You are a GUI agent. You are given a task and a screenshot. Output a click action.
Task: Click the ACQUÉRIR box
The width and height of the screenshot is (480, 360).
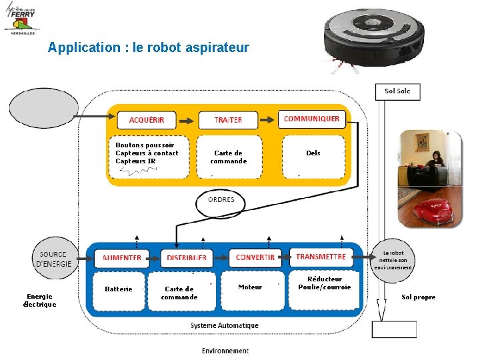pyautogui.click(x=147, y=120)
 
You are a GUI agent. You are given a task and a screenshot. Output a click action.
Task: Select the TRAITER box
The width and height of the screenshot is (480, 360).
pyautogui.click(x=228, y=120)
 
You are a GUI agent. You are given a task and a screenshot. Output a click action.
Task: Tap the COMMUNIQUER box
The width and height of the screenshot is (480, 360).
pyautogui.click(x=311, y=119)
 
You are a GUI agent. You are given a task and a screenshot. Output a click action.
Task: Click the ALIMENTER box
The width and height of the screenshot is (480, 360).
pyautogui.click(x=122, y=258)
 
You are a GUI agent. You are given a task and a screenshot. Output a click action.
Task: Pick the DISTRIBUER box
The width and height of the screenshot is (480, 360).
pyautogui.click(x=187, y=258)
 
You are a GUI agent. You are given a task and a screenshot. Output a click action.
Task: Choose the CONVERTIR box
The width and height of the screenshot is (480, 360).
pyautogui.click(x=255, y=257)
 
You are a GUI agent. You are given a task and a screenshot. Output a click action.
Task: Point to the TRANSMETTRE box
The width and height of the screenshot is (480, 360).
pyautogui.click(x=321, y=257)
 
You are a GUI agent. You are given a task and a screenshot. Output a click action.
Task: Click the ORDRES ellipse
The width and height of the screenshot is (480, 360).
pyautogui.click(x=221, y=201)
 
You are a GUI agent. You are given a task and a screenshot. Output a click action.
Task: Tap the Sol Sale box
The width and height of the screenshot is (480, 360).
pyautogui.click(x=398, y=91)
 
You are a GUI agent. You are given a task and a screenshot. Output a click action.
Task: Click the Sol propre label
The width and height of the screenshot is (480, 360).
pyautogui.click(x=419, y=297)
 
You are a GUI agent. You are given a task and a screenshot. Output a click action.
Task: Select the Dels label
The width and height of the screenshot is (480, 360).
pyautogui.click(x=313, y=153)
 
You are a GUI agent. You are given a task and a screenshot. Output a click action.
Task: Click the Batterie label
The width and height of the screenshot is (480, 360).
pyautogui.click(x=119, y=289)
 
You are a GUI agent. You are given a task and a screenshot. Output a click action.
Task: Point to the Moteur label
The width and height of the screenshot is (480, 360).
pyautogui.click(x=251, y=287)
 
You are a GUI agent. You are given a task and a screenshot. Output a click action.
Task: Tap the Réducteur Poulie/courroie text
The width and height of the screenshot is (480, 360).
pyautogui.click(x=325, y=283)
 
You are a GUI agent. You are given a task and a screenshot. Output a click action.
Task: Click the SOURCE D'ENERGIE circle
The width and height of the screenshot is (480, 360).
pyautogui.click(x=53, y=259)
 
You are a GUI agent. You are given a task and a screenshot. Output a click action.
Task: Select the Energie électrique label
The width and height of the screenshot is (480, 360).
pyautogui.click(x=40, y=301)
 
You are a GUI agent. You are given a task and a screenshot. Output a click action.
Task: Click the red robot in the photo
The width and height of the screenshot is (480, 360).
pyautogui.click(x=433, y=211)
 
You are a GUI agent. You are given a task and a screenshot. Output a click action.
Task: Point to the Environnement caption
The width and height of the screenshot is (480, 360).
pyautogui.click(x=225, y=351)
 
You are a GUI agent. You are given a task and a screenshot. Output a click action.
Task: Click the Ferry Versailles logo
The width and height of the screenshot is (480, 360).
pyautogui.click(x=21, y=19)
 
